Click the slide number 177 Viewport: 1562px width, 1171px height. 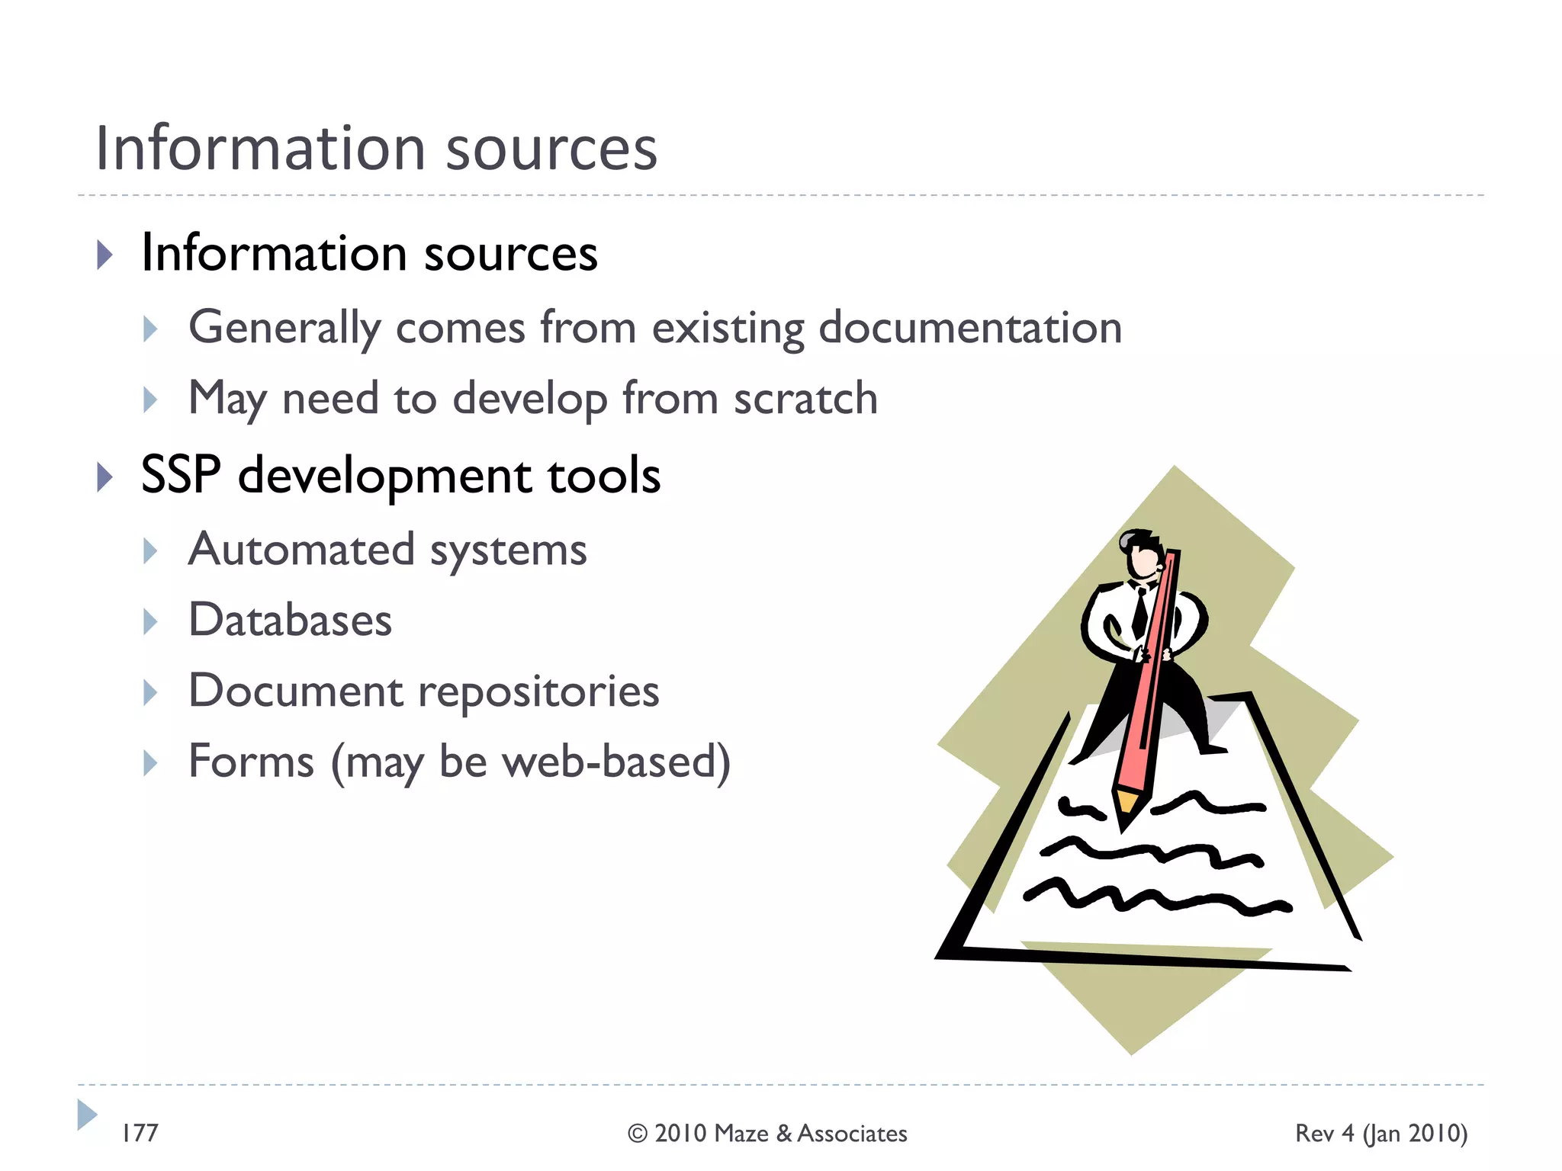140,1133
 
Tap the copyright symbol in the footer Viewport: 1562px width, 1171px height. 638,1134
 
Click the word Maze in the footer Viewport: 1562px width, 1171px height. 741,1134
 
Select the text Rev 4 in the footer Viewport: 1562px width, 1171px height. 1324,1134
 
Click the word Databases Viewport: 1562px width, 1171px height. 290,619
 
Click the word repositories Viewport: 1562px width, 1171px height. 538,691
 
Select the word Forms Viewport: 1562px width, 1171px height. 251,761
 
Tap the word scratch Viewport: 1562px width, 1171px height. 805,398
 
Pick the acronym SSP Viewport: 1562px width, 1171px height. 181,475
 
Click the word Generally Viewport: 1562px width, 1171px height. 284,328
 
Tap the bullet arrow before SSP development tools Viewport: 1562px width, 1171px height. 105,477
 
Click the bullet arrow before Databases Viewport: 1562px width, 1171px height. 150,621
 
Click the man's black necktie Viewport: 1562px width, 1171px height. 1140,614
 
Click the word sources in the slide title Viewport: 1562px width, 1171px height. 551,149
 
